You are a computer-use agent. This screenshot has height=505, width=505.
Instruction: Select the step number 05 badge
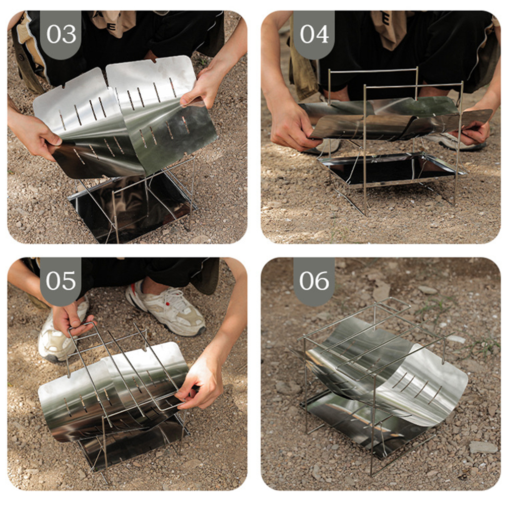pyautogui.click(x=60, y=281)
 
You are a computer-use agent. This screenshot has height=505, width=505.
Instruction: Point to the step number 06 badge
pyautogui.click(x=314, y=281)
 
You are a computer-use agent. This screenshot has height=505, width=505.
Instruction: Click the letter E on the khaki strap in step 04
pyautogui.click(x=386, y=16)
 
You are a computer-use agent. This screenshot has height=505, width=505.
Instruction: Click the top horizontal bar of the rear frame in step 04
pyautogui.click(x=373, y=71)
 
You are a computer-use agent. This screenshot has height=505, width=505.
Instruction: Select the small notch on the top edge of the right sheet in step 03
pyautogui.click(x=154, y=60)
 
